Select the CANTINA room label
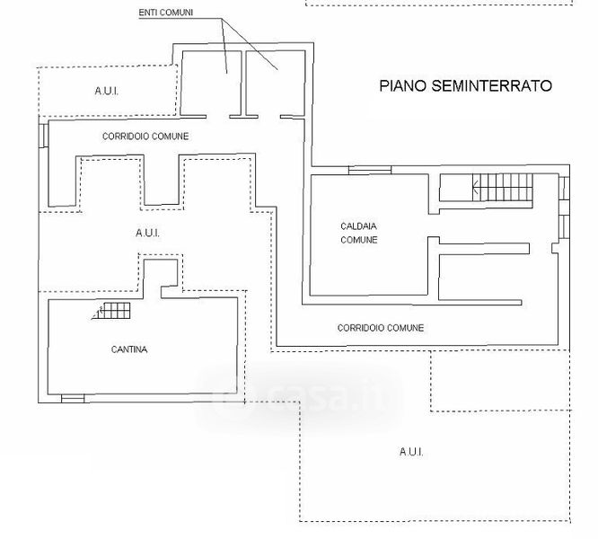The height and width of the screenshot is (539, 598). coord(129,349)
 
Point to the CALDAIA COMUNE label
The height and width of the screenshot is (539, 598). coord(358,233)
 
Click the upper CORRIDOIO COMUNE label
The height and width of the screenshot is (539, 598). coord(145,136)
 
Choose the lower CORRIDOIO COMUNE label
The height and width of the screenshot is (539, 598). coord(381,328)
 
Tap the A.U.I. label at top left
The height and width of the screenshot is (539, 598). coord(107,91)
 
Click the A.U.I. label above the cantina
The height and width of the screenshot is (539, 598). coord(147,233)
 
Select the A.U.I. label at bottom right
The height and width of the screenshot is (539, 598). coord(411,452)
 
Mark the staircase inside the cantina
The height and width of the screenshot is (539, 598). coord(115,312)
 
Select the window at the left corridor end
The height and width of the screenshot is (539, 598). coord(41,135)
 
